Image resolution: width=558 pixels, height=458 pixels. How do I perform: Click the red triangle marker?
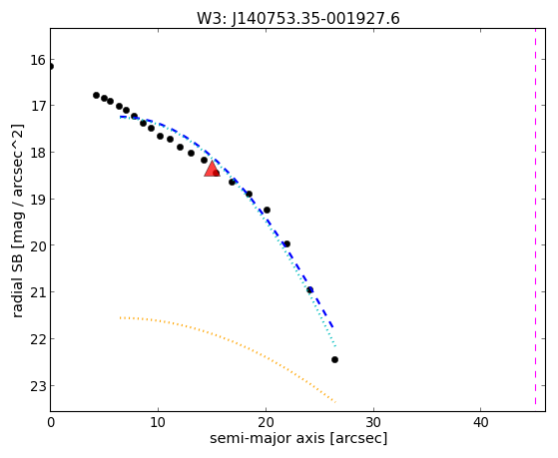[x=212, y=169]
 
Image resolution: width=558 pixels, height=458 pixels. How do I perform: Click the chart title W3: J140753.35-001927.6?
[x=298, y=18]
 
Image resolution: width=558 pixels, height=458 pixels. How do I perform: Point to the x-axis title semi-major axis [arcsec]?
[x=298, y=438]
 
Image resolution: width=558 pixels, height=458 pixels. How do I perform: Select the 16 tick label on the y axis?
[x=38, y=60]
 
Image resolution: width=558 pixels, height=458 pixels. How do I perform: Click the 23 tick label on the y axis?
[x=38, y=386]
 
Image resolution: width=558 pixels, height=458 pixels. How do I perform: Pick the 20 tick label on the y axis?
[x=38, y=245]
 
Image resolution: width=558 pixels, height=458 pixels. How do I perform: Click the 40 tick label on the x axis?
[x=481, y=422]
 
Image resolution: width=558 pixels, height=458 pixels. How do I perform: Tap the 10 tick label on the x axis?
[x=158, y=422]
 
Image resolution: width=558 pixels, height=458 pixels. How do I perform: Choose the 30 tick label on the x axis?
[x=373, y=422]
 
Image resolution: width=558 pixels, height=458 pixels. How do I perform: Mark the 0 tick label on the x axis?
[x=51, y=422]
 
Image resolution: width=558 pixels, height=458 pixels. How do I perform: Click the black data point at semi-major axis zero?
[x=51, y=66]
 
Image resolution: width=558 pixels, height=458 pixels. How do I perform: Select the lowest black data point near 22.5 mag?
[x=334, y=360]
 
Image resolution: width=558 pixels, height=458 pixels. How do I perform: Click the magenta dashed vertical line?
[x=535, y=217]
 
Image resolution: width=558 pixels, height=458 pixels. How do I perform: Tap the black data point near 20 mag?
[x=286, y=244]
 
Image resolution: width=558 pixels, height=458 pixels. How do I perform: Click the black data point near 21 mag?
[x=310, y=290]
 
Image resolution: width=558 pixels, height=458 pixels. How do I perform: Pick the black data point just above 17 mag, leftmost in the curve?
[x=96, y=96]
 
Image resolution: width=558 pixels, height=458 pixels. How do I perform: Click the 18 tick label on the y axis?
[x=38, y=153]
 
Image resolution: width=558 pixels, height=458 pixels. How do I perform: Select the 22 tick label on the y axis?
[x=38, y=339]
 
